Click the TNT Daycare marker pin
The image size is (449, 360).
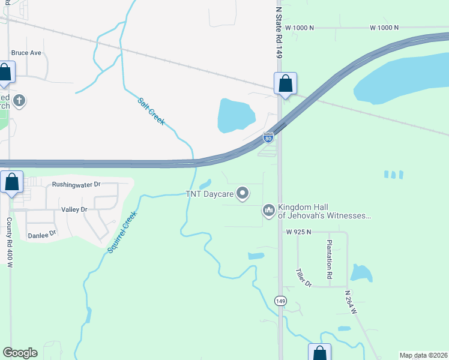tap(243, 193)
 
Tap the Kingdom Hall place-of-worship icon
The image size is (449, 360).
tap(268, 210)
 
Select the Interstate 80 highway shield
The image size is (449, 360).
tap(268, 138)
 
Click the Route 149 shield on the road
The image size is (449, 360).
tap(280, 301)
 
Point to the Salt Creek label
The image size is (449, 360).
tap(151, 111)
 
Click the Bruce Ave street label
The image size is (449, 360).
tap(26, 53)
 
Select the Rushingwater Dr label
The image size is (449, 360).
tap(76, 185)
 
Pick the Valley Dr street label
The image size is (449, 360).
tap(74, 209)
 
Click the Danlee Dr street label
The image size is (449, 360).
tap(42, 235)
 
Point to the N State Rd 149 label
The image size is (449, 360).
tap(279, 33)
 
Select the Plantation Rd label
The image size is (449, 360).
tap(329, 258)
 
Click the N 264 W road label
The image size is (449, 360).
tap(351, 303)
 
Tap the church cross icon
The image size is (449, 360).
tap(19, 100)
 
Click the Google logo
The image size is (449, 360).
tap(20, 353)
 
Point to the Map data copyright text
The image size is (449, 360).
tap(423, 355)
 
